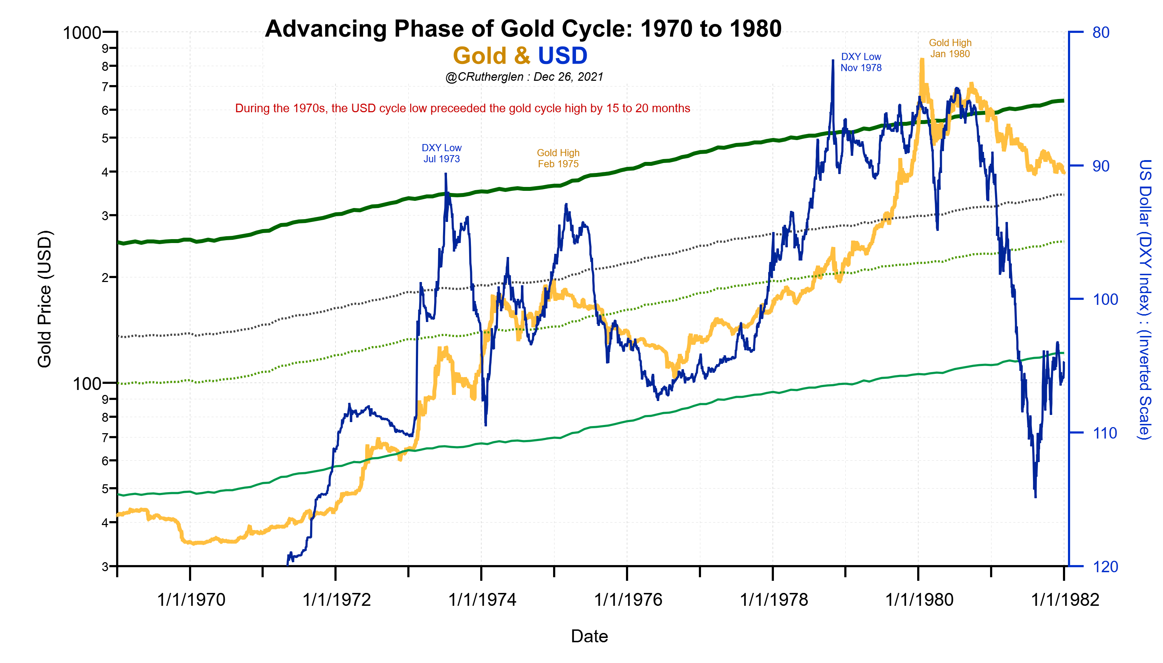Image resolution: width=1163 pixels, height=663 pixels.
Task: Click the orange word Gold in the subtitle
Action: click(x=479, y=56)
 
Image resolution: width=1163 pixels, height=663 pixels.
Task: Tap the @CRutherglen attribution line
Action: click(x=524, y=77)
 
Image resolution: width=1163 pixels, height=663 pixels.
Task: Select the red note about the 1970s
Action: click(x=462, y=108)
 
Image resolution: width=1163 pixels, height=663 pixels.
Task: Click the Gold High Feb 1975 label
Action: click(x=558, y=158)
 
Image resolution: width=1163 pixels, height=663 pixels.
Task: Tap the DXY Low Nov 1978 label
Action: click(x=860, y=63)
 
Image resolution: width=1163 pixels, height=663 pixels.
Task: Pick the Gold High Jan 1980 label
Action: click(x=950, y=48)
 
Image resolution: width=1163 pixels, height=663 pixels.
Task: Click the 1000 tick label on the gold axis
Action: click(x=82, y=33)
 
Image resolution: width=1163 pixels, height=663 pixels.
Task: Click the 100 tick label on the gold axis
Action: click(x=86, y=384)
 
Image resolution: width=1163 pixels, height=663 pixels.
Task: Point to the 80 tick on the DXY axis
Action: click(x=1100, y=33)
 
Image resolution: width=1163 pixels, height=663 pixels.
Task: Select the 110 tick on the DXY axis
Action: click(x=1105, y=433)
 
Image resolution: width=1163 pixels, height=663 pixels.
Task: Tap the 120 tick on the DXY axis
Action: click(x=1105, y=567)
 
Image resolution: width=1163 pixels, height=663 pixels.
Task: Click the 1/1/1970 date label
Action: click(x=191, y=600)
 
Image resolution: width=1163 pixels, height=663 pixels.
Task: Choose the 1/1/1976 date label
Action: click(x=628, y=600)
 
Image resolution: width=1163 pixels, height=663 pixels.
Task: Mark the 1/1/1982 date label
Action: click(x=1064, y=600)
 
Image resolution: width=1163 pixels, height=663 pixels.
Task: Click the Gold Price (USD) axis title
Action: click(x=44, y=299)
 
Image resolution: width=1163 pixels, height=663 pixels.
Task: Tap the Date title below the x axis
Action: click(x=589, y=637)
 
